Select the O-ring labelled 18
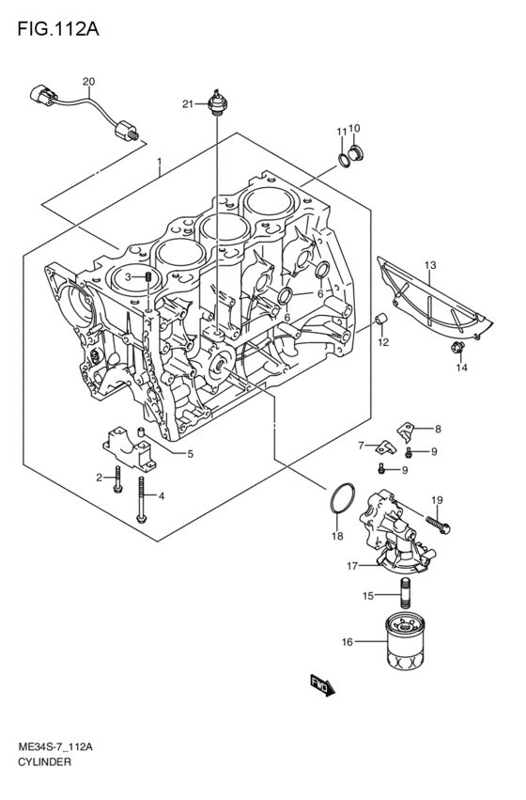pos(343,501)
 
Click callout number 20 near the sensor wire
pos(89,82)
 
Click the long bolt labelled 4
pos(140,498)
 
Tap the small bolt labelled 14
pos(456,351)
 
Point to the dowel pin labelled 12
pos(382,322)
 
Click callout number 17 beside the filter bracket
pos(353,566)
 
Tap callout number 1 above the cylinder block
pos(160,161)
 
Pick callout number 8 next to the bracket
pos(437,429)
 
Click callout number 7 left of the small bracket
pos(361,445)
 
